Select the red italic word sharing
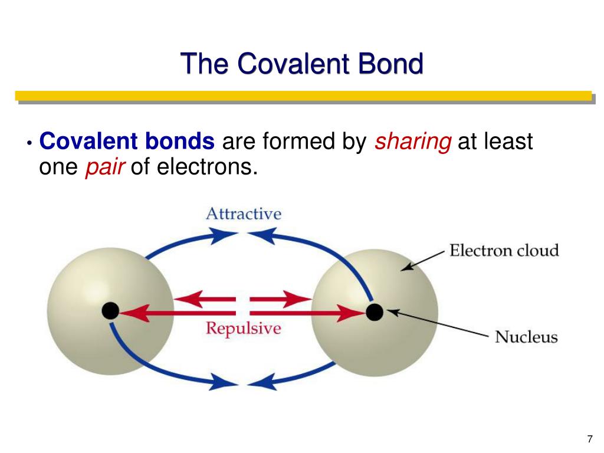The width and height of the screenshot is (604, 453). coord(413,142)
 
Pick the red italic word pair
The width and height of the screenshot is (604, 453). coord(105,168)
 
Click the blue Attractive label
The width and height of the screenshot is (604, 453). coord(244,214)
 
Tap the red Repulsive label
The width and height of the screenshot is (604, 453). coord(244,329)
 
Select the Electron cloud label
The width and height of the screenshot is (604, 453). coord(504,250)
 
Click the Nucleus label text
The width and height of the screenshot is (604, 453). coord(527,337)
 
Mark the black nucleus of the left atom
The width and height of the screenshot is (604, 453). coord(110,311)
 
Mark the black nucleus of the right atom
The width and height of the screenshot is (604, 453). coord(375,312)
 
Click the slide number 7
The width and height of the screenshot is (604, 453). coord(590,439)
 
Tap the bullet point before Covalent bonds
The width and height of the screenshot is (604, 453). coord(29,143)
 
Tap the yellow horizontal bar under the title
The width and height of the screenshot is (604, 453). coord(304,96)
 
